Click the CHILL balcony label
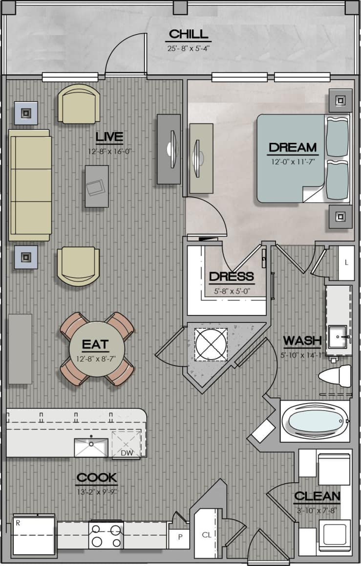point(188,34)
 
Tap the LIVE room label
point(109,136)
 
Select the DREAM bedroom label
point(293,147)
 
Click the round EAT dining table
point(97,348)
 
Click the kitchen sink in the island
point(91,447)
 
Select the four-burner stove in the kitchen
point(106,535)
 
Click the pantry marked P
point(179,538)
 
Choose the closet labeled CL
point(207,535)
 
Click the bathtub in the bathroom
point(315,421)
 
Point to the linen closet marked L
point(346,263)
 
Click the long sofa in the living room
point(30,185)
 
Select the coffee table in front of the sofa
point(96,186)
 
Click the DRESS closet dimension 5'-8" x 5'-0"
point(232,291)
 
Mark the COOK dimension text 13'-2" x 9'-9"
point(96,492)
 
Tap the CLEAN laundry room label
point(317,496)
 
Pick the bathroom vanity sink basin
point(337,336)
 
